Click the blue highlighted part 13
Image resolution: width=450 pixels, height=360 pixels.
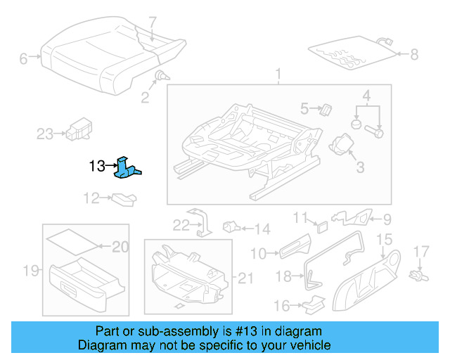(127, 169)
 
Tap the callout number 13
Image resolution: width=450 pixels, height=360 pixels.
(96, 167)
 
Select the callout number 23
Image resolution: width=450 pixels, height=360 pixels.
(45, 133)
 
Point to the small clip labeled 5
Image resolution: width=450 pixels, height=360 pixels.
(326, 108)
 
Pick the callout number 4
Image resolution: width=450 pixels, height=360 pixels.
(366, 96)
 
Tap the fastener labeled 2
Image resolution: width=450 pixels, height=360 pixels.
(161, 76)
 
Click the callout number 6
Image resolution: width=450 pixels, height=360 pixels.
(23, 59)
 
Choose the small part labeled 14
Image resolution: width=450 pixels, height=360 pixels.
(231, 227)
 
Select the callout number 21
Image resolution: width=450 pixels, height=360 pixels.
(245, 278)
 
